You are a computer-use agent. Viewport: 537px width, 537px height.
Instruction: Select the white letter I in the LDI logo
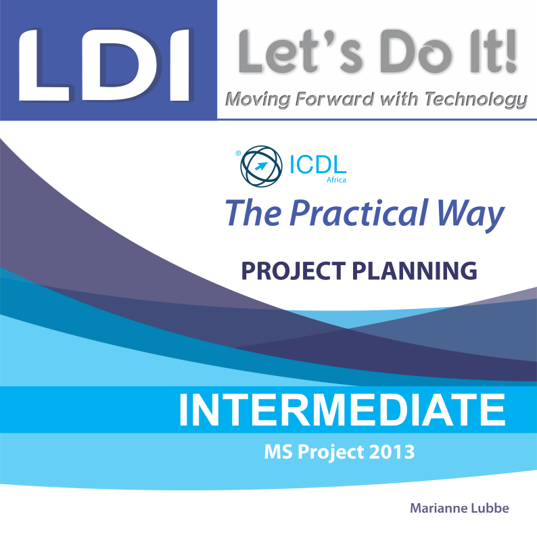(180, 65)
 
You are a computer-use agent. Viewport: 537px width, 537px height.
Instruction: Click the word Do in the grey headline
(414, 51)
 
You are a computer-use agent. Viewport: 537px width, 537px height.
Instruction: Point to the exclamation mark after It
(511, 51)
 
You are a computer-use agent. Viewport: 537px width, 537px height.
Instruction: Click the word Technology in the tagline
(476, 99)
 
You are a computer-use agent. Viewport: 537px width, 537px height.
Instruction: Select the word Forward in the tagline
(334, 99)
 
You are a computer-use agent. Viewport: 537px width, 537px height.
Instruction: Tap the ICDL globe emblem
(261, 166)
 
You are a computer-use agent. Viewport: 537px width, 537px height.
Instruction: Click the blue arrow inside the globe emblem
(261, 166)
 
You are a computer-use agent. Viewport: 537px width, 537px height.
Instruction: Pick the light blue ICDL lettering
(318, 164)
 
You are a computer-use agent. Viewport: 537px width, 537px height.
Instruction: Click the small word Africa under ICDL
(336, 180)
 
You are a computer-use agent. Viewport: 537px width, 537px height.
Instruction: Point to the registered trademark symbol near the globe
(238, 154)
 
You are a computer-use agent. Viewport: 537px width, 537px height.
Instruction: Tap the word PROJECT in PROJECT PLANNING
(294, 271)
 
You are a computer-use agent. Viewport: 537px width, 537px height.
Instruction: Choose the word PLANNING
(415, 271)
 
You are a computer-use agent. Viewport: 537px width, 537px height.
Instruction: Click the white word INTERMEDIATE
(342, 410)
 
